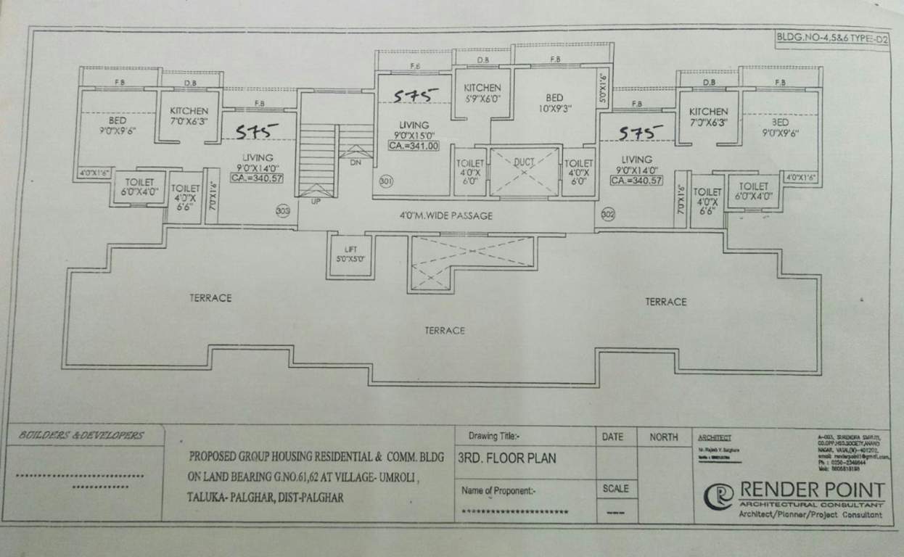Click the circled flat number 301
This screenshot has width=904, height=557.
[386, 182]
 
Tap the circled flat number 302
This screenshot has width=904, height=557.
[608, 213]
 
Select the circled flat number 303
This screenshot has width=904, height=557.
[283, 211]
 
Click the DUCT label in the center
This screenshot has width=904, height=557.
[525, 163]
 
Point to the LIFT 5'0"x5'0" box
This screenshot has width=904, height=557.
[350, 254]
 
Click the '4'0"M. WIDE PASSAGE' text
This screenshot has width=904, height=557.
[445, 215]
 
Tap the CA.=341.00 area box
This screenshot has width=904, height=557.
[414, 146]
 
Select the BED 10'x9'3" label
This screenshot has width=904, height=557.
[554, 103]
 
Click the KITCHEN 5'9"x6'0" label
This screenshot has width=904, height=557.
[482, 93]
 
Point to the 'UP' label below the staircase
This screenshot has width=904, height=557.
[316, 201]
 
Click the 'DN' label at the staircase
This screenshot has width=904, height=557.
[355, 163]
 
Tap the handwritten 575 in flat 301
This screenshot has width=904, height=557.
[416, 95]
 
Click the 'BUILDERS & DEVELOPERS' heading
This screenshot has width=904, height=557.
[81, 436]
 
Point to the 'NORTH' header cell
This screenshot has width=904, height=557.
[663, 437]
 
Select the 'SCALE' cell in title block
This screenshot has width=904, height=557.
[615, 489]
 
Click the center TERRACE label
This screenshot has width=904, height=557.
[445, 331]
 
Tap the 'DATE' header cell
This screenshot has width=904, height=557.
[612, 437]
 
